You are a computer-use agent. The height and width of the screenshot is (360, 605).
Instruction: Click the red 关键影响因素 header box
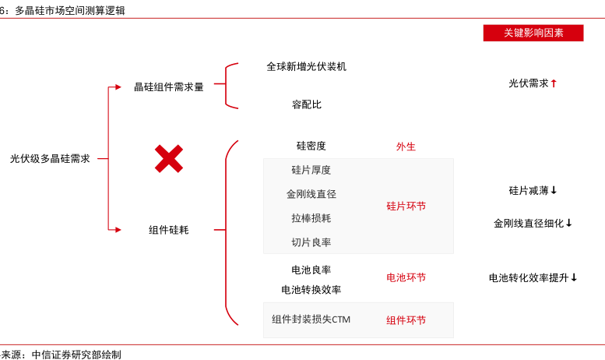coord(533,33)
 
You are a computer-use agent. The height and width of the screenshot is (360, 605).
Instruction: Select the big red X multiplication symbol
coord(169,158)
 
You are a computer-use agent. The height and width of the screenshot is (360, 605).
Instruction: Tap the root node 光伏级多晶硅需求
coord(50,158)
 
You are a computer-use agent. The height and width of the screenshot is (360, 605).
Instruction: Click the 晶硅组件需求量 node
coord(169,87)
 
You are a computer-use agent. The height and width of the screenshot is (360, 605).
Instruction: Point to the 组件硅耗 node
coord(169,230)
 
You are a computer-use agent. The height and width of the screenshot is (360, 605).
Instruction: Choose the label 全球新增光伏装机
coord(307,67)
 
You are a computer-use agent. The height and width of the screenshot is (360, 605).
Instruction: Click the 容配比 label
coord(307,104)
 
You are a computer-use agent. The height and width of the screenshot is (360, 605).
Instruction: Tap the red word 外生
coord(406,146)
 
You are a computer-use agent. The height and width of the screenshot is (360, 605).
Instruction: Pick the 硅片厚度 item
coord(311,170)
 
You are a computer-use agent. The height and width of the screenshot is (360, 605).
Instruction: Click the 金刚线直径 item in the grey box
coord(311,194)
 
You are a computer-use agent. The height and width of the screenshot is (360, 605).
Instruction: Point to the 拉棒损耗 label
coord(311,218)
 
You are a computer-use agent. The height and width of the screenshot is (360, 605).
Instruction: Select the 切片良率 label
coord(311,242)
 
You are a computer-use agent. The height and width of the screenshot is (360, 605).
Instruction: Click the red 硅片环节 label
coord(406,206)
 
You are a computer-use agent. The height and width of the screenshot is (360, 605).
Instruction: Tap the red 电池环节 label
coord(406,277)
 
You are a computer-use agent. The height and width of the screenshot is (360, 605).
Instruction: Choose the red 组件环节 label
coord(406,320)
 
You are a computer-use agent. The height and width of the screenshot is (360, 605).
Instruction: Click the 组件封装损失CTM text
coord(311,319)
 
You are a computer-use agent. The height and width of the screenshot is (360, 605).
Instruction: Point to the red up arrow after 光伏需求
coord(554,83)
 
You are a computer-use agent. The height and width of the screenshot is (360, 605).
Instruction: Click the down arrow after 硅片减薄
coord(554,190)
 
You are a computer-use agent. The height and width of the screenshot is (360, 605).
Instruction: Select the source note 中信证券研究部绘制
coord(76,355)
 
